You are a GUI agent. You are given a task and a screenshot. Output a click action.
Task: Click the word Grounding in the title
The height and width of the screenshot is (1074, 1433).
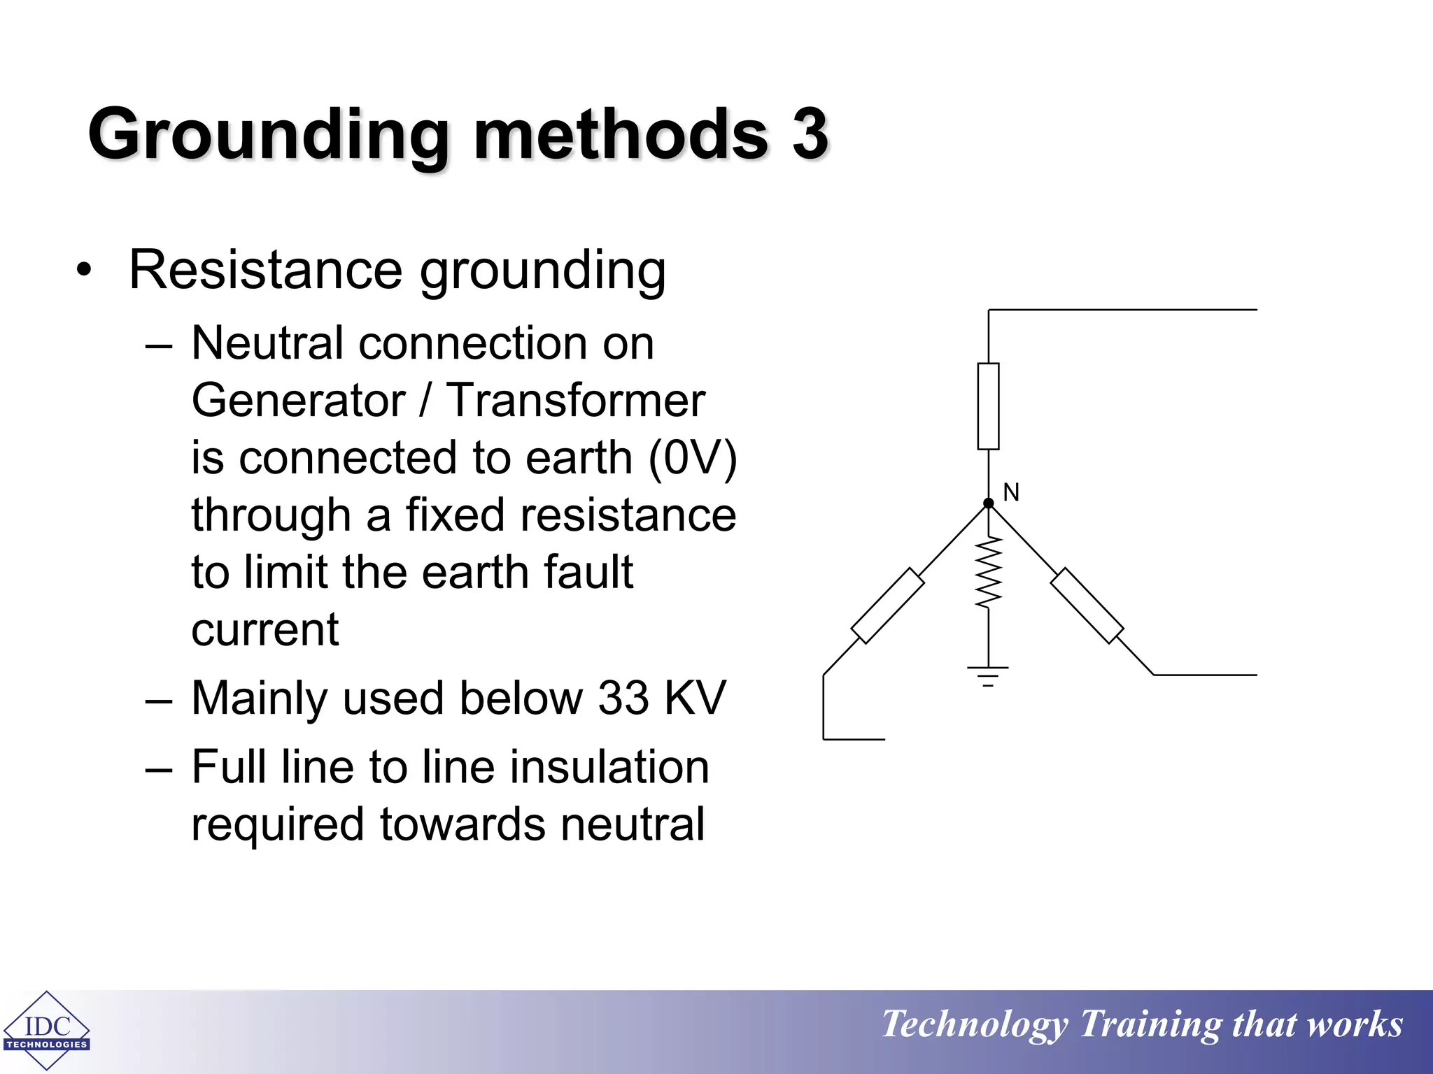coord(268,134)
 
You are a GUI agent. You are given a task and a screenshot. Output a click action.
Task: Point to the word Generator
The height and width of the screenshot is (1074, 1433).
coord(298,401)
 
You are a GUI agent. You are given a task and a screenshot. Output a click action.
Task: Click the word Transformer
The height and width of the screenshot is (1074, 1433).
coord(575,401)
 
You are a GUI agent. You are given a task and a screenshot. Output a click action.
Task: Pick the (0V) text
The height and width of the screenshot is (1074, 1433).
coord(693,459)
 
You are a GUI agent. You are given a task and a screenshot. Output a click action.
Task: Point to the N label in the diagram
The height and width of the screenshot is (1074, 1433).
coord(1010,492)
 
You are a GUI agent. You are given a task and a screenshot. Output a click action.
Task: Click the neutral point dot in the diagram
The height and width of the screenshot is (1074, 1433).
coord(988,503)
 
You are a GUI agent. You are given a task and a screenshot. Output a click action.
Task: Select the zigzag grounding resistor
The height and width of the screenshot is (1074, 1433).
coord(988,572)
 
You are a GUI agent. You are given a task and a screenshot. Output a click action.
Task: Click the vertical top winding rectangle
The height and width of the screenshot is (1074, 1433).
coord(988,406)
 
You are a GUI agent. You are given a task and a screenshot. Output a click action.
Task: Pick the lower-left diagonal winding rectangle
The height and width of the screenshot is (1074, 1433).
coord(887,606)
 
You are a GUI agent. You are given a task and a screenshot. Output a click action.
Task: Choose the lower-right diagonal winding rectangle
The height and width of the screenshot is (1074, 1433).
coord(1087,606)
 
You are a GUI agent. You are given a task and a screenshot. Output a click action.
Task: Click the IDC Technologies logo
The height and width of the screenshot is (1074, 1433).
coord(47,1030)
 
